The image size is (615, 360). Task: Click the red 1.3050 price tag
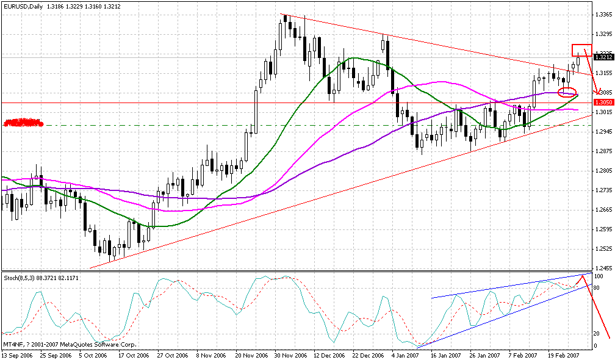(x=603, y=103)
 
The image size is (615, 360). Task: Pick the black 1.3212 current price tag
(x=603, y=57)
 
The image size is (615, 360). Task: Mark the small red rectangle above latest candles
(x=581, y=50)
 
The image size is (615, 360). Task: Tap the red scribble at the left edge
(x=23, y=123)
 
